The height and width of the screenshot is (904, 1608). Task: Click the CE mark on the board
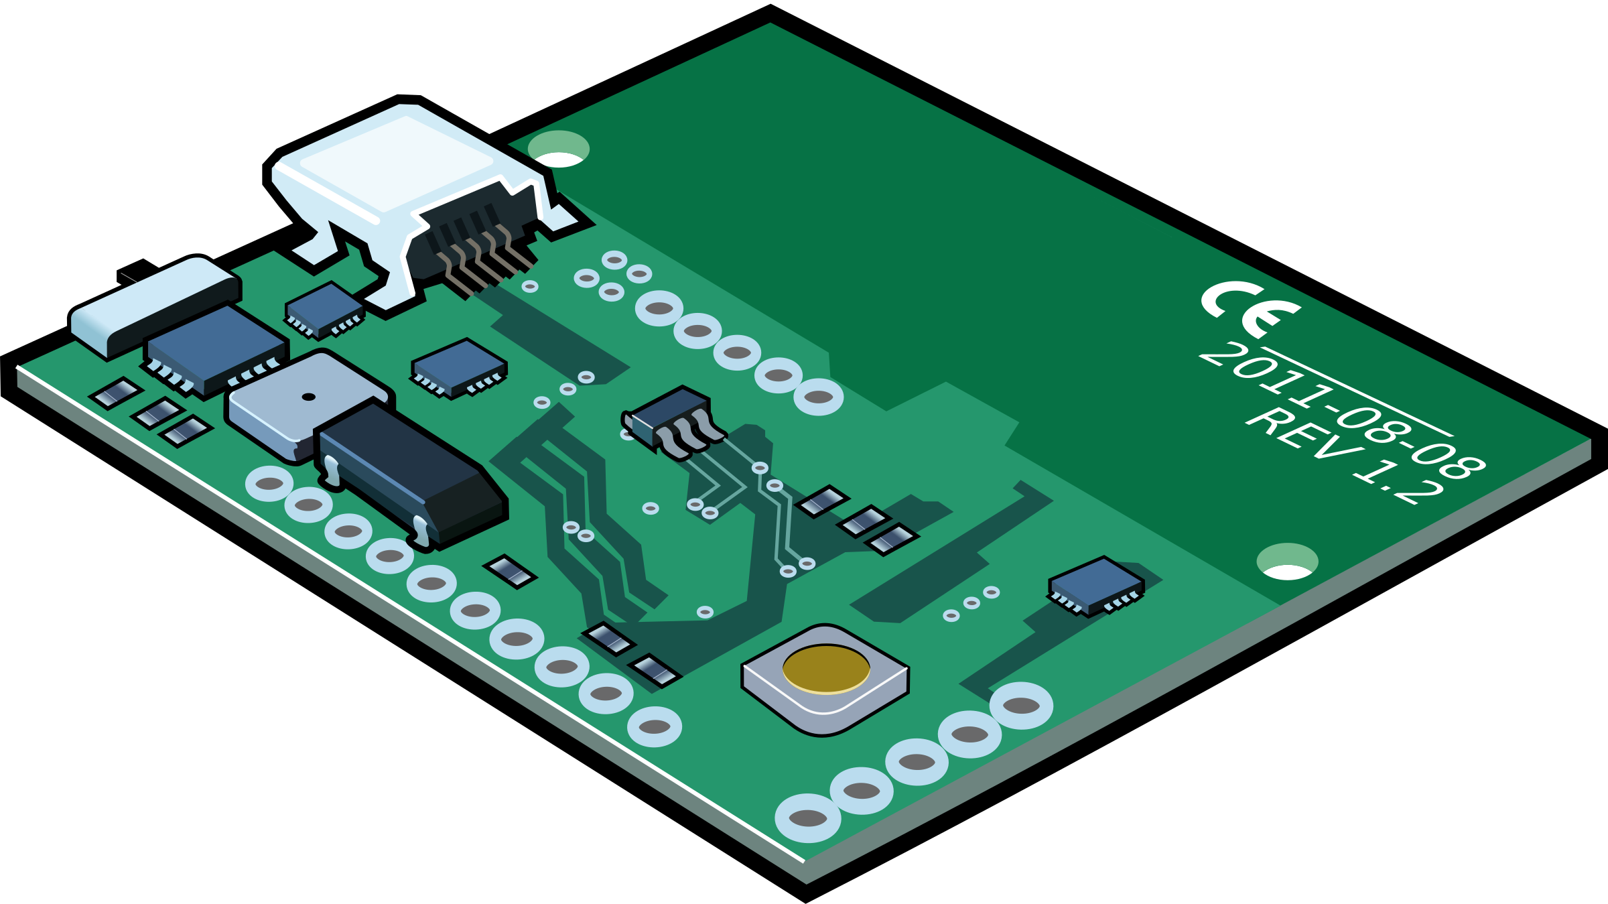(x=1248, y=308)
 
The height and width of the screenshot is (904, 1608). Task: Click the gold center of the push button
(x=826, y=669)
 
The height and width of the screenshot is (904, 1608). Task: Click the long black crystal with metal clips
(x=409, y=469)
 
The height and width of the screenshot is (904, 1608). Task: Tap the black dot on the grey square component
(x=308, y=397)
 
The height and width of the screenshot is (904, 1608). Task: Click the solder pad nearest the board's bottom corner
(x=808, y=818)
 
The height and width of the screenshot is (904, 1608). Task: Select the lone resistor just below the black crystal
(x=510, y=572)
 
